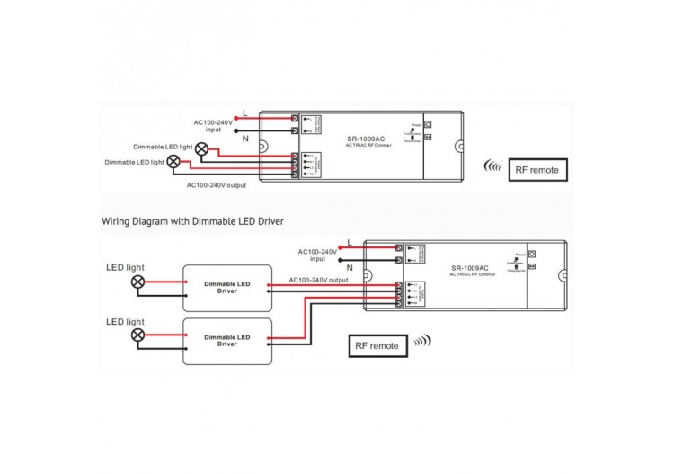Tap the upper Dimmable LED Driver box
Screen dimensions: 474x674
(x=227, y=286)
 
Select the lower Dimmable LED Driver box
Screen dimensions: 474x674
(x=227, y=340)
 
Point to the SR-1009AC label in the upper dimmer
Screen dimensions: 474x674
(x=366, y=139)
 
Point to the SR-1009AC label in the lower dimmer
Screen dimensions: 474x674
(x=470, y=268)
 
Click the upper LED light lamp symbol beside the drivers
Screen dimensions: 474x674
(x=138, y=282)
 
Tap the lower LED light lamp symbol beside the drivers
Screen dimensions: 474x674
(x=138, y=335)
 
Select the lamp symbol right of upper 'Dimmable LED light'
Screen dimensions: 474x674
(x=202, y=148)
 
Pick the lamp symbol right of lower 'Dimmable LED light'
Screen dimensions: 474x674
(x=173, y=162)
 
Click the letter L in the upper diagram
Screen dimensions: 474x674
(x=245, y=113)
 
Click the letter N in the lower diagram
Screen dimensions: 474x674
(x=349, y=267)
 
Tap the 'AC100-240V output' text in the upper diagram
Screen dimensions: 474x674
(x=217, y=185)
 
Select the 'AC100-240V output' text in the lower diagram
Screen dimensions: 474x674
(x=318, y=280)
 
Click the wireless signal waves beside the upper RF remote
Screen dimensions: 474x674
(x=493, y=166)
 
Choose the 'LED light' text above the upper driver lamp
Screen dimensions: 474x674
(x=125, y=267)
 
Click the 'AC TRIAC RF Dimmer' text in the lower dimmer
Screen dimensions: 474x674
(x=470, y=275)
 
